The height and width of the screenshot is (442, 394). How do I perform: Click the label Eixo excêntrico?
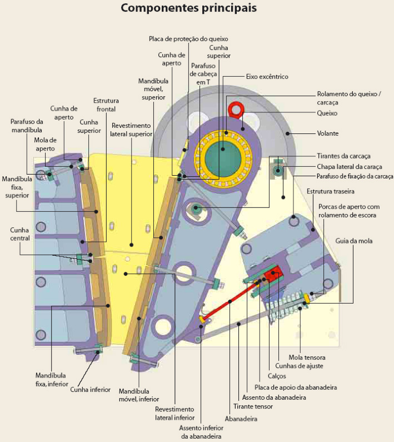(267, 76)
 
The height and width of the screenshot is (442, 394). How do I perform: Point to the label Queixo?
(327, 113)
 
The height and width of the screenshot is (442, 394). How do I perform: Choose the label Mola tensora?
(307, 357)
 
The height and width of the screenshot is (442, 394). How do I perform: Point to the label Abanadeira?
(241, 419)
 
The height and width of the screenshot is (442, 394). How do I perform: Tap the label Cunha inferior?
(88, 389)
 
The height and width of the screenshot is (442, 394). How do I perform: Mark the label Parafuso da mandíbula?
(27, 126)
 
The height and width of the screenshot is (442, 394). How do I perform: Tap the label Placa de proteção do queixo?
(188, 39)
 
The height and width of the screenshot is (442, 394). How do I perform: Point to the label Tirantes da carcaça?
(343, 156)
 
